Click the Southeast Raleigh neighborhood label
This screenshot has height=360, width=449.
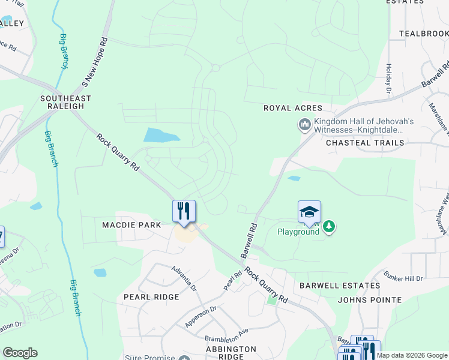tap(66, 102)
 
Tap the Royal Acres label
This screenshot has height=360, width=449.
tap(293, 108)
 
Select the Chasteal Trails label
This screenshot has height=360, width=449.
tap(365, 143)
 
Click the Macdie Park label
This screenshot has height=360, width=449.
tap(131, 224)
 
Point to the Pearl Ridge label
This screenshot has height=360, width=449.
tap(151, 297)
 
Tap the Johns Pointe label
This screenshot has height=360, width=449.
tap(370, 299)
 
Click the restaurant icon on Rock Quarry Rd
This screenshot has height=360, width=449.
tap(184, 211)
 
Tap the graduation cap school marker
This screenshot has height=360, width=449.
tap(309, 212)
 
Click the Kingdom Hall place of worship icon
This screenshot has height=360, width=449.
tap(304, 125)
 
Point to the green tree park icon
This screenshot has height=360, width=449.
tap(328, 226)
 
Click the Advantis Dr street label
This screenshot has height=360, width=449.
tap(184, 279)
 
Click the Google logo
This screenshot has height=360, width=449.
tap(20, 353)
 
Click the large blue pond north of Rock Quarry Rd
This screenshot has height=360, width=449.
tap(161, 135)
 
